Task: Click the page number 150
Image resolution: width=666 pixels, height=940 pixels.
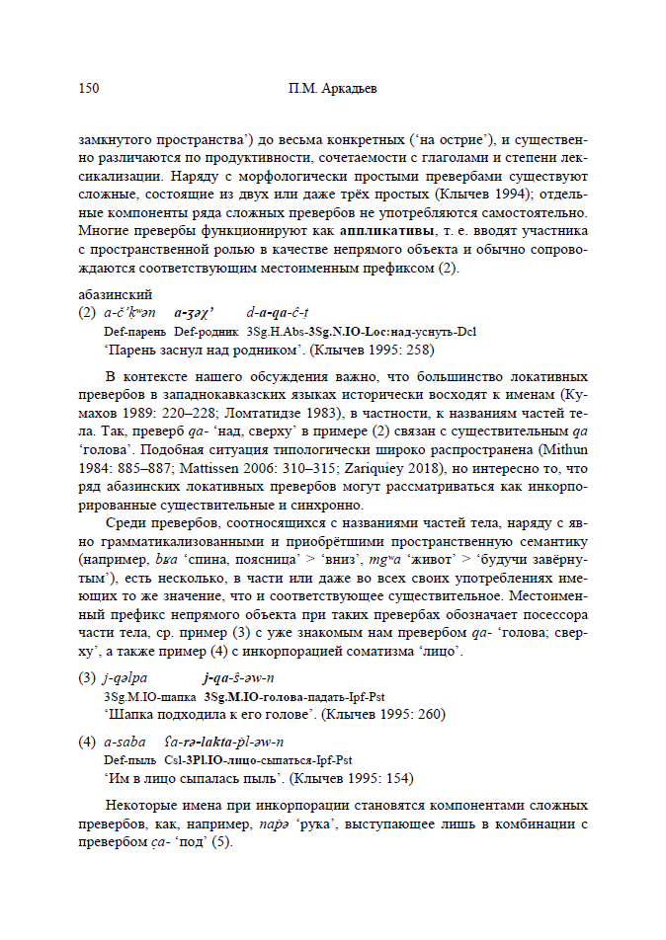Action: (88, 89)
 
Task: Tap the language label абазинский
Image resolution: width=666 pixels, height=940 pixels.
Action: (114, 294)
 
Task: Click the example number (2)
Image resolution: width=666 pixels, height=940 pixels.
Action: (87, 313)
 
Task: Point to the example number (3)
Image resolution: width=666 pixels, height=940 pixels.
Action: (87, 677)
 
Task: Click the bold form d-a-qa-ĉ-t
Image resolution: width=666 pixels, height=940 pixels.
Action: (278, 313)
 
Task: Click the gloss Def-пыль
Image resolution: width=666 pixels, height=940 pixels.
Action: (125, 760)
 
